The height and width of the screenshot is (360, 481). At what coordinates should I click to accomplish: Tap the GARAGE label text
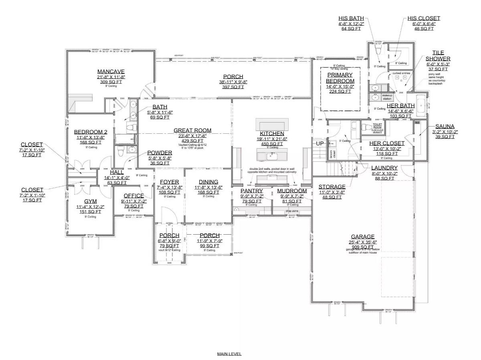[362, 237]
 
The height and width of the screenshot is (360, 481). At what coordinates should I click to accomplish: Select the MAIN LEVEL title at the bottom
[229, 354]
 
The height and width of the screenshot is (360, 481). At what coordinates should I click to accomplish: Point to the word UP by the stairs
[320, 143]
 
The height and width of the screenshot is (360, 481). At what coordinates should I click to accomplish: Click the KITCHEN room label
[272, 133]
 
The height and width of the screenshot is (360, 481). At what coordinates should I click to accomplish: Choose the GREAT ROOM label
[192, 130]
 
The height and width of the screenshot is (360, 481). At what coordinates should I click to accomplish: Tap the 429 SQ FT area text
[192, 141]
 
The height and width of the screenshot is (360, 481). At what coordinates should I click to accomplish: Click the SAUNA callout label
[445, 126]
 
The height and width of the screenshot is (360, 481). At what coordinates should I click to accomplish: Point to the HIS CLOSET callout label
[424, 18]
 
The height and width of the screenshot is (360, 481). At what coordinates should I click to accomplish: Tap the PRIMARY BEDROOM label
[340, 78]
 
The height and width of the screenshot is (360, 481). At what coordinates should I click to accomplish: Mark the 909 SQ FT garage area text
[362, 247]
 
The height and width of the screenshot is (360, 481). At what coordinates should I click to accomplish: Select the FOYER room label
[169, 182]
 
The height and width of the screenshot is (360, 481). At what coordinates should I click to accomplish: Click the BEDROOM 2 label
[91, 132]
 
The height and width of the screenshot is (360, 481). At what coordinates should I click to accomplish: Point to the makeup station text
[387, 97]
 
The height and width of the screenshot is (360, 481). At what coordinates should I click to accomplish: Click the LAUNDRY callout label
[384, 168]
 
